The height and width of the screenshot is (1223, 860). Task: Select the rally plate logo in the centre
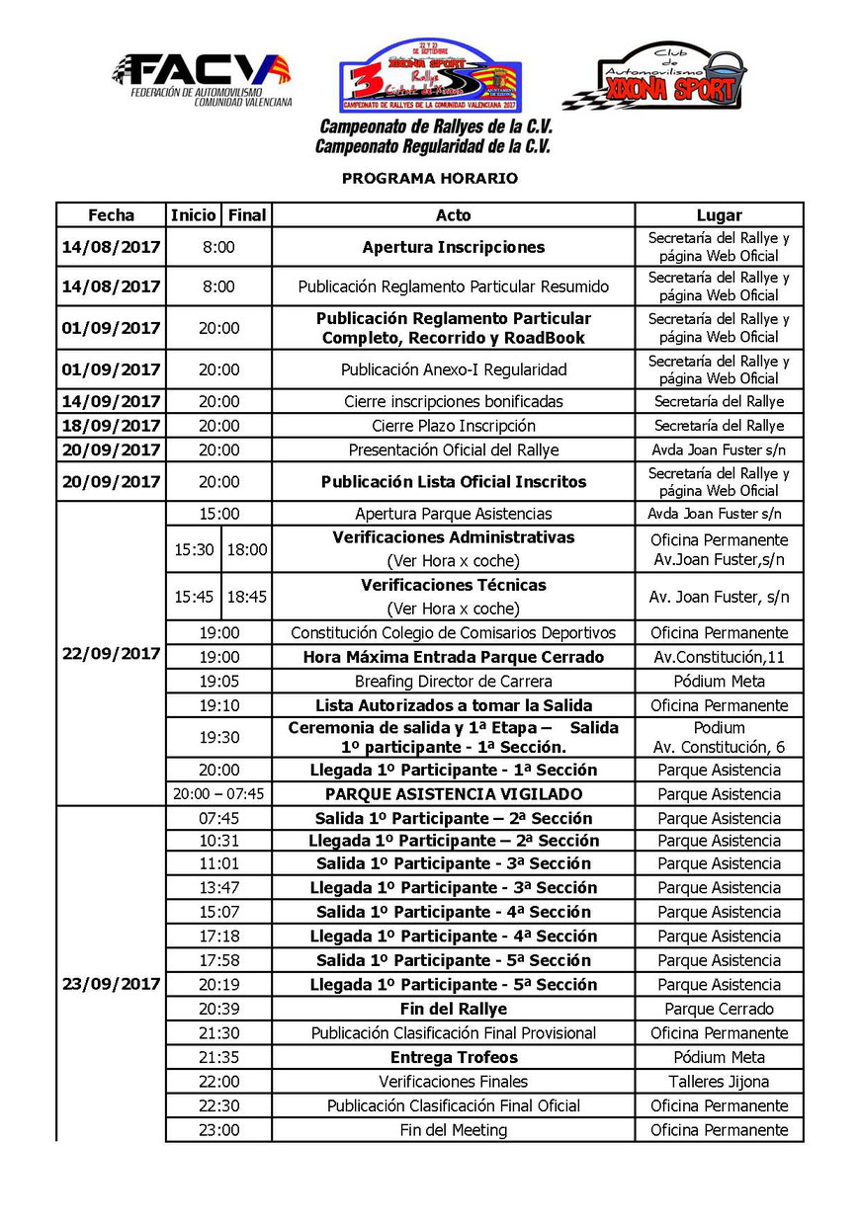[x=431, y=76]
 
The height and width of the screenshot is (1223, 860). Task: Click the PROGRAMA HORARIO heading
[x=430, y=179]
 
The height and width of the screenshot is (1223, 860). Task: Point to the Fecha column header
[x=111, y=215]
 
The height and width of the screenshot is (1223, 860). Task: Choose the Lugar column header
[x=719, y=215]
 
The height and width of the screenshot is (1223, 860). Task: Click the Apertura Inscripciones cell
[x=454, y=247]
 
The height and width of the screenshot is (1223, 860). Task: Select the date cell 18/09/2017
[x=111, y=426]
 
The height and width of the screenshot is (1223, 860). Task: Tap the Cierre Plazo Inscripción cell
[x=454, y=426]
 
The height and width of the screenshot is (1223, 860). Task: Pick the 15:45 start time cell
[x=194, y=597]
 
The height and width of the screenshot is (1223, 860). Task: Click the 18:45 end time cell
[x=246, y=597]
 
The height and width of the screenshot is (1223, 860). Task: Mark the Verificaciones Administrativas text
[x=454, y=538]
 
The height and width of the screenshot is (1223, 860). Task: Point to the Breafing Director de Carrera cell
[x=454, y=682]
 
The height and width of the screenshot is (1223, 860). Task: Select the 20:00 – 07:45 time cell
[x=218, y=794]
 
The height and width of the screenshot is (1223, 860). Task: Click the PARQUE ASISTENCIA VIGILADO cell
[x=454, y=794]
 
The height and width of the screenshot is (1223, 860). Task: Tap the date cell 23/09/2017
[x=111, y=985]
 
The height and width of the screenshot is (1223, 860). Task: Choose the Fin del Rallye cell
[x=454, y=1009]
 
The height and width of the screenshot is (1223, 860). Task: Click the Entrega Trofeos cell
[x=454, y=1057]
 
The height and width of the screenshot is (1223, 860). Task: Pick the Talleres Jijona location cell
[x=719, y=1082]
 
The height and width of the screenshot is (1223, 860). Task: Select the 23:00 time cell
[x=218, y=1130]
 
